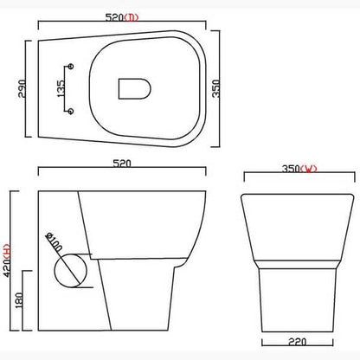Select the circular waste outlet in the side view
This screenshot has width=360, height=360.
(x=71, y=267)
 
